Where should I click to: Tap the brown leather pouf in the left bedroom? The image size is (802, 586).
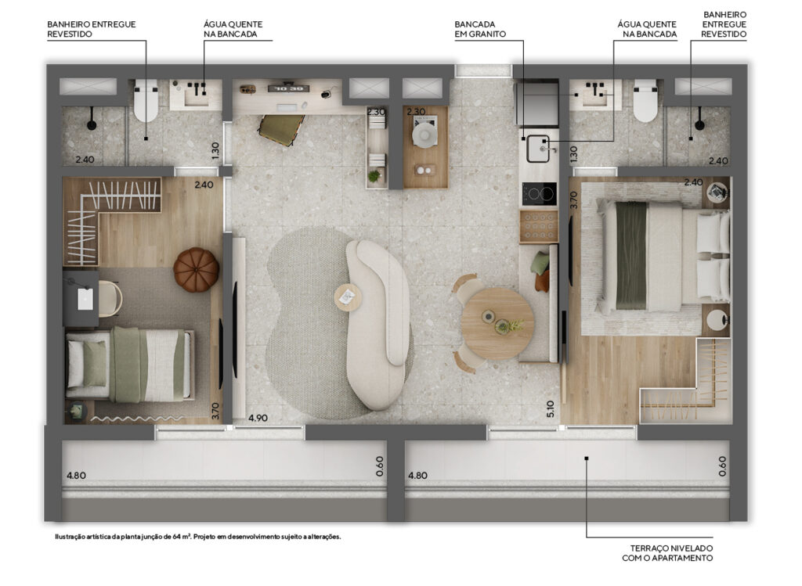click(196, 269)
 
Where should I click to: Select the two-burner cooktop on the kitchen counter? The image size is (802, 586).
click(539, 193)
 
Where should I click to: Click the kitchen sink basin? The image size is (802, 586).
click(538, 149)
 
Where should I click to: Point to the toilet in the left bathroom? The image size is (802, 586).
click(146, 100)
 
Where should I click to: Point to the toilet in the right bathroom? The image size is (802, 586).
click(645, 100)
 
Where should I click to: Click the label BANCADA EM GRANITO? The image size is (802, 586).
click(480, 29)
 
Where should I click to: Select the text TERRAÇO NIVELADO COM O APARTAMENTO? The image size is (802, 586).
click(667, 553)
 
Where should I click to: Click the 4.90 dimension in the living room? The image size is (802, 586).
click(258, 418)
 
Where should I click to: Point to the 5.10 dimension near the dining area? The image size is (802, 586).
click(551, 408)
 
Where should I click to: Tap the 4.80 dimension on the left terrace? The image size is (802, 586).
click(76, 476)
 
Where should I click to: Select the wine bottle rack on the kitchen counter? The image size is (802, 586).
click(539, 226)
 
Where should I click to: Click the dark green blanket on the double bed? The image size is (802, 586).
click(632, 256)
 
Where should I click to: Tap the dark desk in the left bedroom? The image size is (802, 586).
click(81, 298)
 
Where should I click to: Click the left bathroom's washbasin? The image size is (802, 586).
click(196, 95)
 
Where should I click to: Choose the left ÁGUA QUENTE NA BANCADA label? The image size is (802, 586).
click(233, 29)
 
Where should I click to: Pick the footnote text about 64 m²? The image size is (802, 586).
click(198, 537)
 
